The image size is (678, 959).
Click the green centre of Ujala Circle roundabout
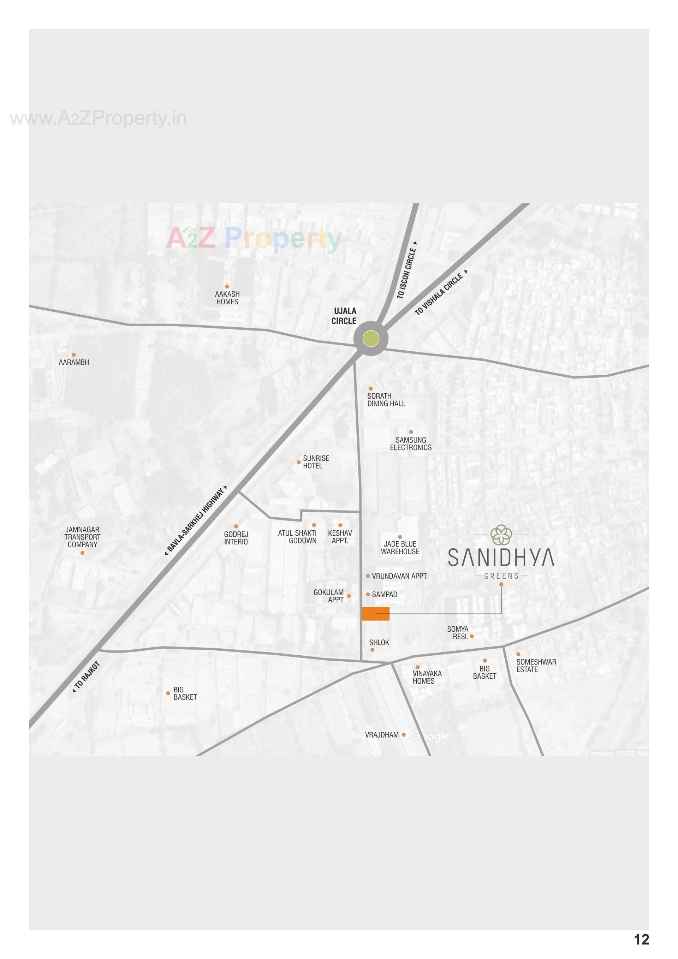click(370, 338)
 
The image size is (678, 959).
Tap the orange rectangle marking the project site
click(376, 614)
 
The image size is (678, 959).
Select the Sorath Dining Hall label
click(386, 400)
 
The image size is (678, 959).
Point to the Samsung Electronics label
click(411, 443)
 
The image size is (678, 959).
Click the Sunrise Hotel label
click(316, 462)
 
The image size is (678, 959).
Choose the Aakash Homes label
click(227, 298)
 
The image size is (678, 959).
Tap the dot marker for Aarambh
click(74, 355)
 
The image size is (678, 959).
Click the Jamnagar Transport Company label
click(82, 537)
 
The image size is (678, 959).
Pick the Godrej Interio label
click(236, 538)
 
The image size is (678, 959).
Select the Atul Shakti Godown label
click(297, 537)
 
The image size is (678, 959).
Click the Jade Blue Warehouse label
click(400, 548)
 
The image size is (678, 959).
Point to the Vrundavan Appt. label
click(399, 576)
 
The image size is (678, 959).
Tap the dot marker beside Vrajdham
click(404, 735)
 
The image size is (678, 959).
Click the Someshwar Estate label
click(536, 666)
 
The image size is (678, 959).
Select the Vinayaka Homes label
click(427, 677)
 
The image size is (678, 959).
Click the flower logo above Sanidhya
click(501, 535)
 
